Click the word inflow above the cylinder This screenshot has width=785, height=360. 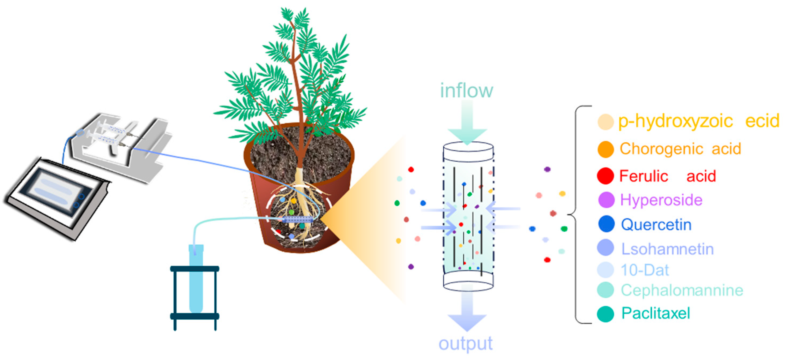pos(466,91)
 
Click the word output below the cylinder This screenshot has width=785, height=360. pos(465,344)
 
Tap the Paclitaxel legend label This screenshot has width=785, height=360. pos(656,313)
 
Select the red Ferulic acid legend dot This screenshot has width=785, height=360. pos(605,176)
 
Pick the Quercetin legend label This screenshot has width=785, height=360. pos(656,225)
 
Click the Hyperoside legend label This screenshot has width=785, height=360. pos(661,200)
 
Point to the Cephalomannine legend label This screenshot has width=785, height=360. pos(682,290)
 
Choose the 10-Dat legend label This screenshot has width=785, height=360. pos(645,270)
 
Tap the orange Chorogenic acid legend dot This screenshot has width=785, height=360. pos(605,149)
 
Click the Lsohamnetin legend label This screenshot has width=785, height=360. pos(667,249)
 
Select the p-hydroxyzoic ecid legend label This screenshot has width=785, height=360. pos(698,121)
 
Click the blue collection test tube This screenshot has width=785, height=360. pos(196,278)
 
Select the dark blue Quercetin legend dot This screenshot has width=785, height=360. pos(606,224)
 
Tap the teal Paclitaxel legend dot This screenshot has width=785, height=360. pos(605,314)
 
